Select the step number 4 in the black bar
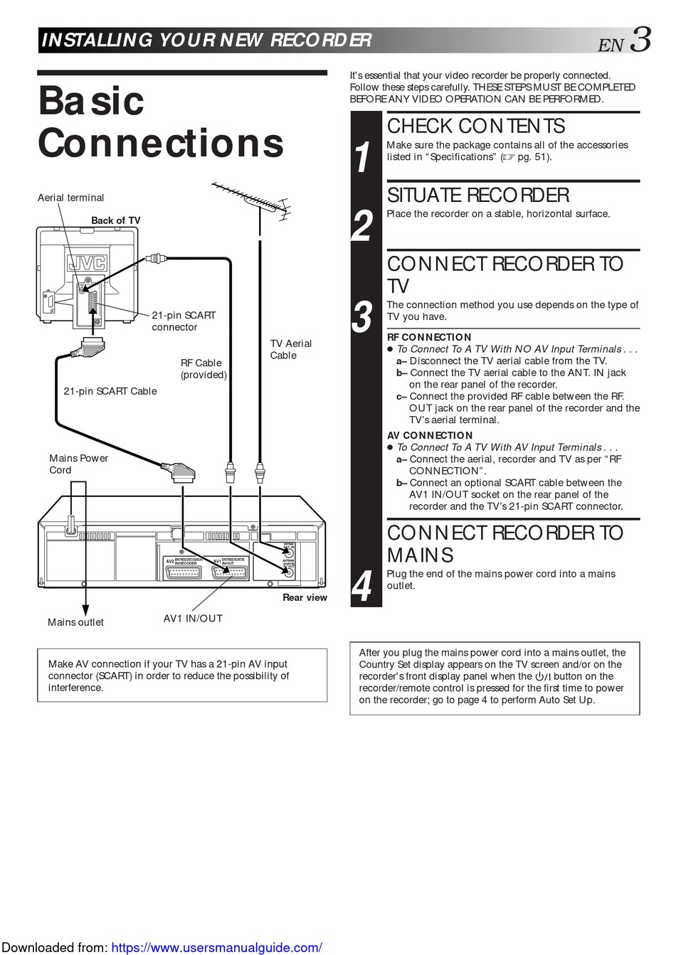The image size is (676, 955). (x=363, y=587)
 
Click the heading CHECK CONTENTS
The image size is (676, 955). (x=475, y=126)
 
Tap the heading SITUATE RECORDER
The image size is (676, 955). (x=478, y=195)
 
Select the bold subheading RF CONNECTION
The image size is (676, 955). (x=429, y=337)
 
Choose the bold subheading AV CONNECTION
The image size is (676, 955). (x=430, y=435)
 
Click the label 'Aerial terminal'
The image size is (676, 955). (x=70, y=198)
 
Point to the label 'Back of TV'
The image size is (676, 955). (x=116, y=220)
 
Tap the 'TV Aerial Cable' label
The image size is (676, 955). (x=290, y=349)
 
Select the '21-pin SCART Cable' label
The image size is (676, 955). (x=110, y=391)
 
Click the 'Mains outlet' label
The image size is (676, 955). (x=75, y=622)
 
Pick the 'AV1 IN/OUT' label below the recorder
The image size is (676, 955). (x=193, y=619)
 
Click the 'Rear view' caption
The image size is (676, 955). (x=305, y=597)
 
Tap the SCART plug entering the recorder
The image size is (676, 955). (x=182, y=471)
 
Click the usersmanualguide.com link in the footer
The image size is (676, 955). (x=217, y=947)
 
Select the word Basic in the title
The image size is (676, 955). (x=91, y=100)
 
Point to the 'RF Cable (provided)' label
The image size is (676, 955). (x=204, y=369)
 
